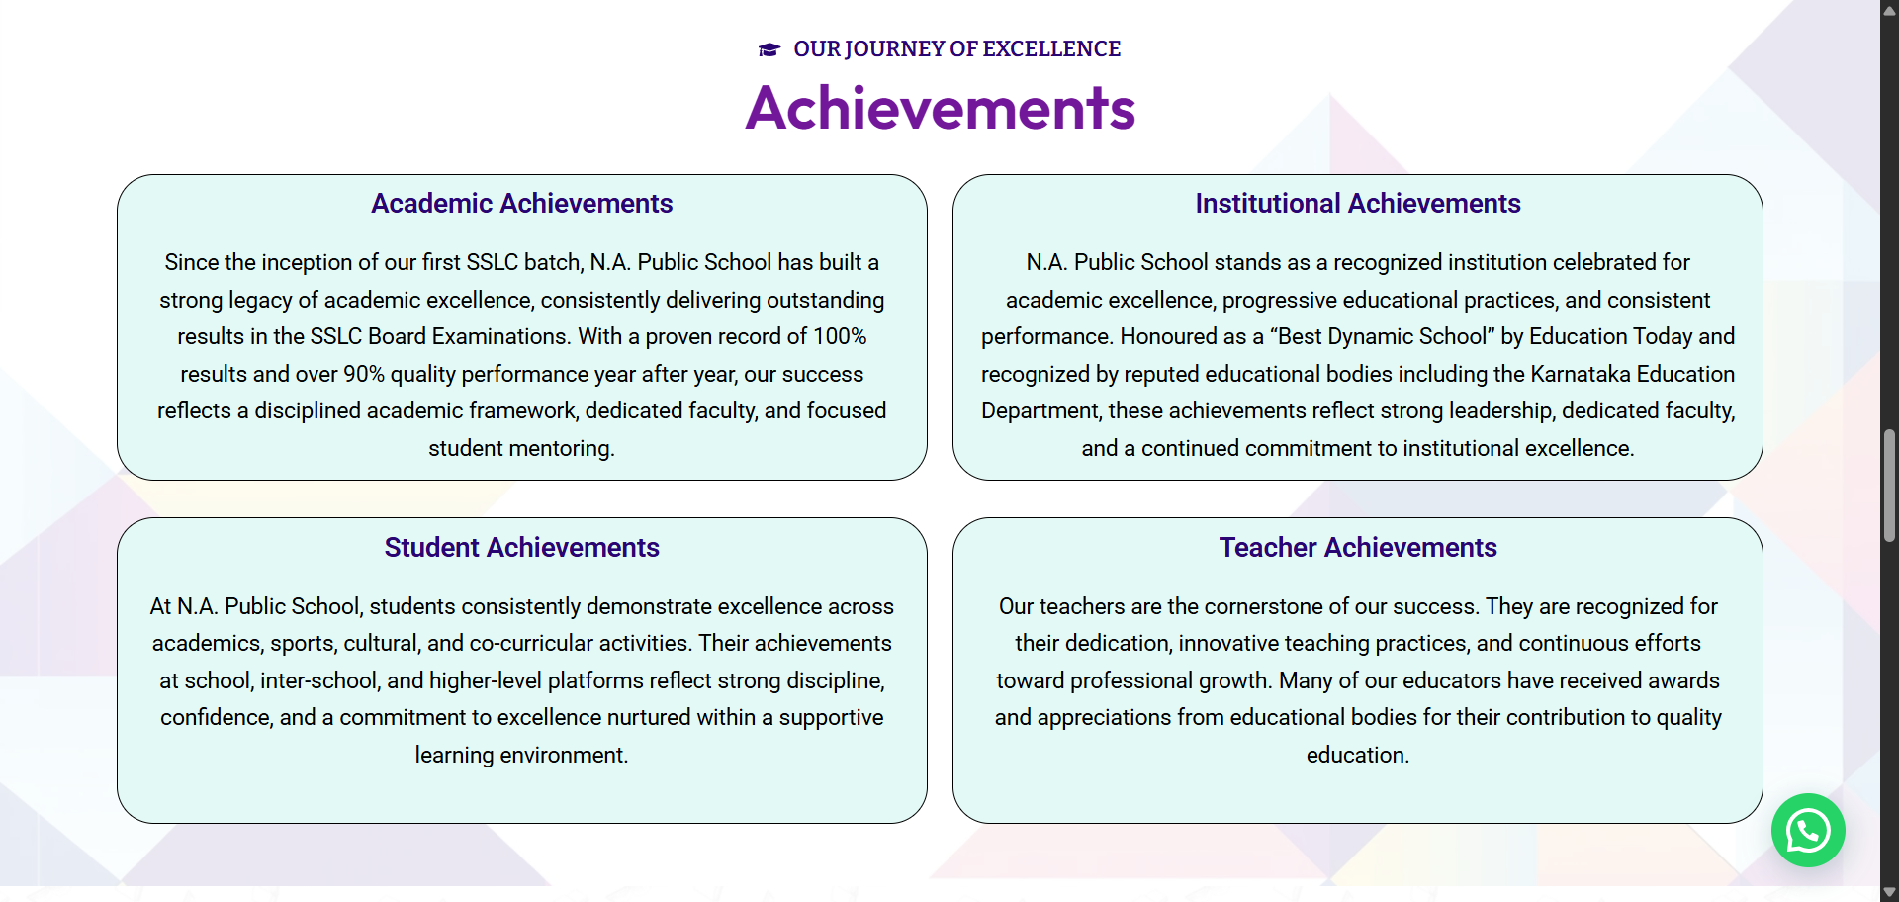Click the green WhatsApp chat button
pos(1808,831)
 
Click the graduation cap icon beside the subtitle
pos(769,49)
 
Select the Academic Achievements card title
pos(522,203)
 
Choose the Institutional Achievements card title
pos(1358,203)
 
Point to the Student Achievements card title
pos(522,547)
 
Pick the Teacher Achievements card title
pos(1358,547)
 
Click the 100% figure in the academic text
pos(840,336)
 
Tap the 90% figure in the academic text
pos(364,374)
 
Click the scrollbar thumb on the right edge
pos(1889,486)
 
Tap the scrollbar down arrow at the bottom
pos(1889,892)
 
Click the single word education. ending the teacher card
pos(1358,755)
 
